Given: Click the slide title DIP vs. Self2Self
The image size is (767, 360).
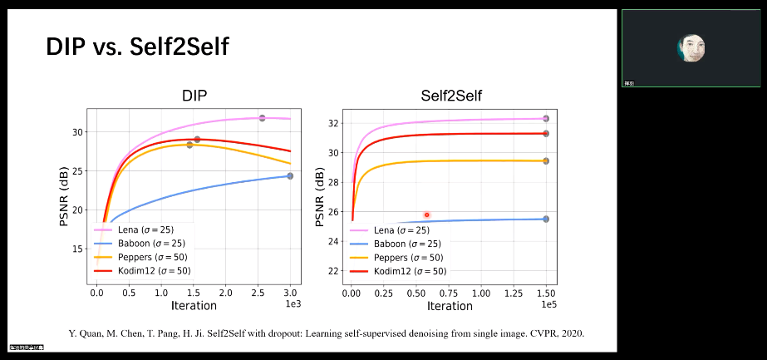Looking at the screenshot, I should click(x=137, y=47).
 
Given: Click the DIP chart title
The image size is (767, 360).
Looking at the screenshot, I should click(x=194, y=96).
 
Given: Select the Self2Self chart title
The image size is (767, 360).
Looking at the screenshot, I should click(x=451, y=96).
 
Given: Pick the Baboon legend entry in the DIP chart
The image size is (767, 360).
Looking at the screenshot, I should click(x=145, y=244).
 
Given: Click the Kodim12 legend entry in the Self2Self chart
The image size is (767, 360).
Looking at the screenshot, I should click(x=404, y=271).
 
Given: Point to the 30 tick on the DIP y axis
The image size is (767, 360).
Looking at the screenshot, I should click(x=77, y=132).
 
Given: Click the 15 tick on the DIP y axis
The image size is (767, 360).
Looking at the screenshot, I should click(x=77, y=249).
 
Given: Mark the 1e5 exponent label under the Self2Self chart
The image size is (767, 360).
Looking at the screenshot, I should click(x=548, y=305).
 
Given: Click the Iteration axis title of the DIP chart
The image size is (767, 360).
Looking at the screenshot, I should click(x=194, y=306).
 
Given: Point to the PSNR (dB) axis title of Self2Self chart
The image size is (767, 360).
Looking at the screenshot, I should click(x=321, y=197).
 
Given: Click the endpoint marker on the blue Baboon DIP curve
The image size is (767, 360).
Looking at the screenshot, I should click(x=290, y=176).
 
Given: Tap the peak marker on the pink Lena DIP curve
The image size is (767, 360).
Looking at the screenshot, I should click(x=262, y=118).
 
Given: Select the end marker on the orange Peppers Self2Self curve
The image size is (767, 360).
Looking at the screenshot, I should click(x=546, y=160).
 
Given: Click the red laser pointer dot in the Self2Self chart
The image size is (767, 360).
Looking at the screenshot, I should click(x=427, y=215).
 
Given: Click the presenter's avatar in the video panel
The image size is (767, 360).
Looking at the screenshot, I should click(x=691, y=49).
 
